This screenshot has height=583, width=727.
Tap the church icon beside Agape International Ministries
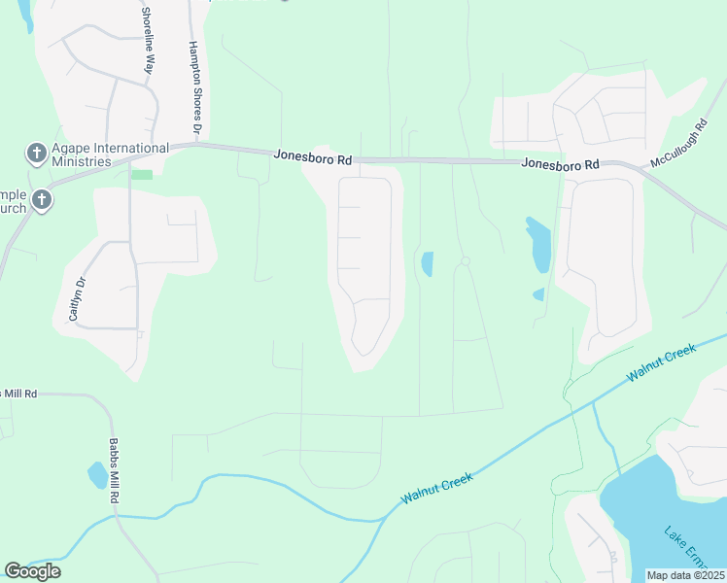(36, 153)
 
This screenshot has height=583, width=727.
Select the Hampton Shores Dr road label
(195, 87)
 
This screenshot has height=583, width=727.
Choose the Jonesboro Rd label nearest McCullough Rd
(560, 164)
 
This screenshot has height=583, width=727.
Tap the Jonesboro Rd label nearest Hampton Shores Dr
(312, 155)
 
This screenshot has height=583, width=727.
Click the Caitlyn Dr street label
(76, 297)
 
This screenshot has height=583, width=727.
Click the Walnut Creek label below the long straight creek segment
(437, 488)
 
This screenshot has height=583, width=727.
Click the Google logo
(32, 571)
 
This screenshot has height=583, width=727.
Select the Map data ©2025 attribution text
(686, 575)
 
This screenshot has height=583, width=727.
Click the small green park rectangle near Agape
(142, 175)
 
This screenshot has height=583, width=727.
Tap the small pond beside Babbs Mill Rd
(97, 475)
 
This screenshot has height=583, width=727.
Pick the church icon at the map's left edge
(41, 200)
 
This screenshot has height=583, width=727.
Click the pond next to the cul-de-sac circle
(427, 263)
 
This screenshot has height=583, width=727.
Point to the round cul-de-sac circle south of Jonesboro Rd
(466, 261)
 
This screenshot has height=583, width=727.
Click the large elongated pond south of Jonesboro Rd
(539, 245)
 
